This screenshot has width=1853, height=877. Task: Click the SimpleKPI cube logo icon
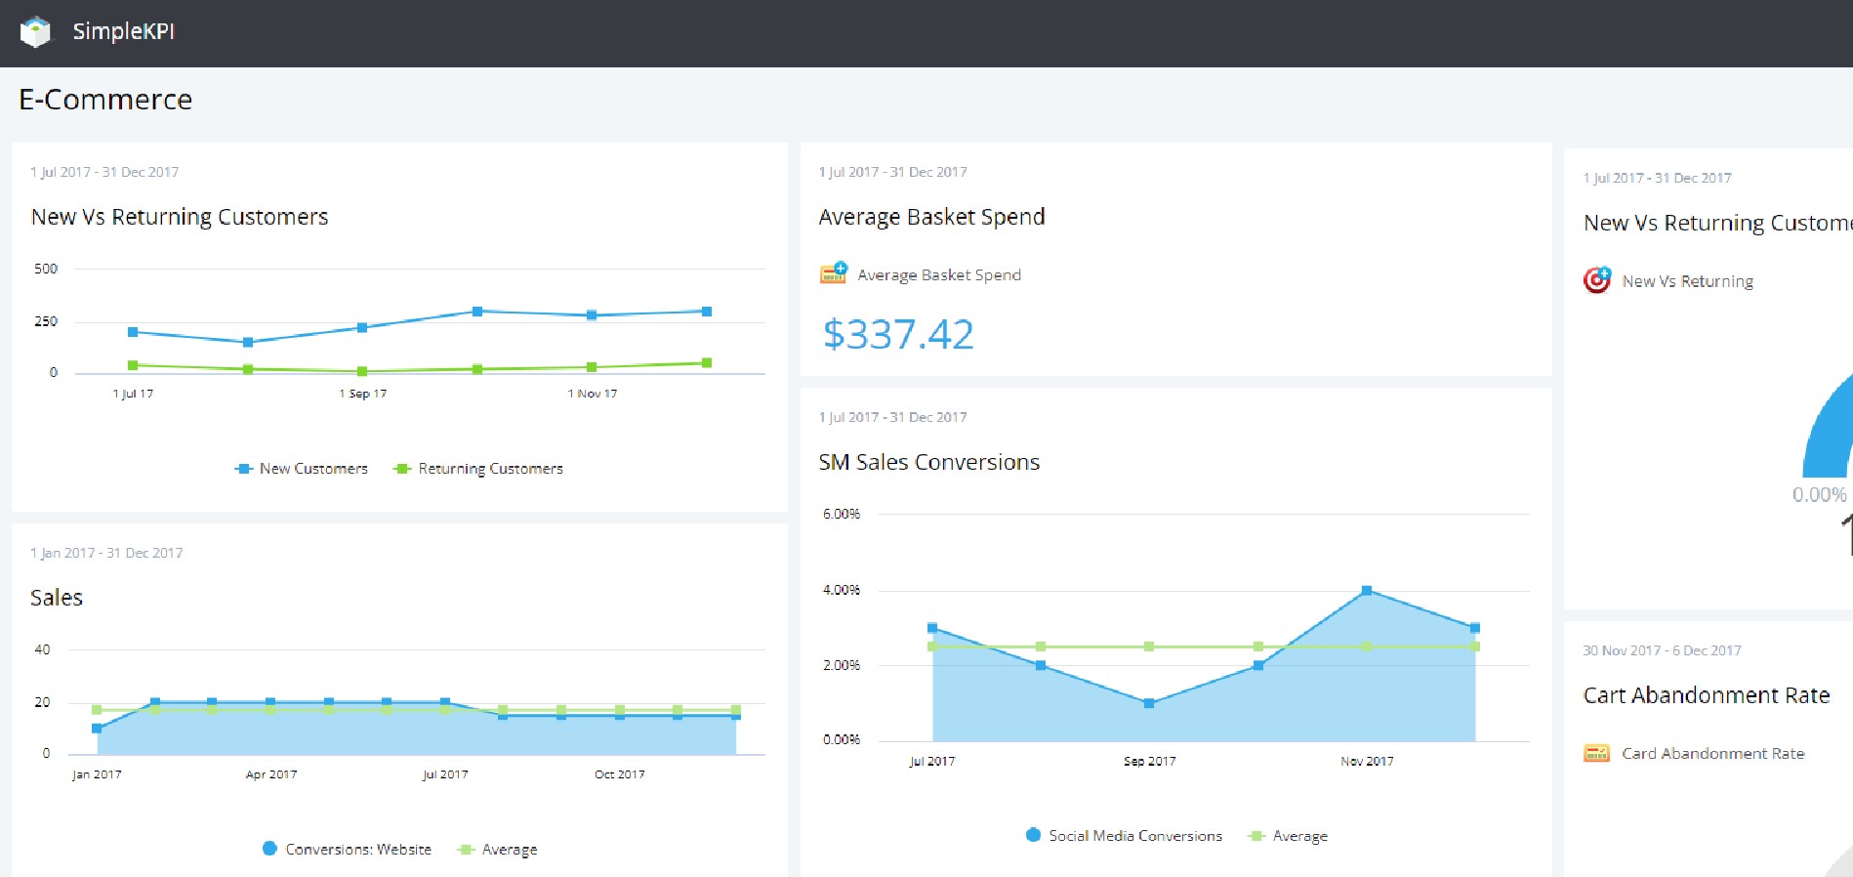click(35, 31)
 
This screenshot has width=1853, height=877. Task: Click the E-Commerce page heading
click(105, 100)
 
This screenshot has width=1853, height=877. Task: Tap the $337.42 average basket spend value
click(898, 335)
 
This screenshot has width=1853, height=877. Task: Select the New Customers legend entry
click(303, 469)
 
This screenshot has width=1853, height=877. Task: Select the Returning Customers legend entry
click(479, 469)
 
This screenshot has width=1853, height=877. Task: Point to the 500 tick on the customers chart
click(46, 269)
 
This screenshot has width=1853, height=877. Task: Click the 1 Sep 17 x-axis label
click(363, 394)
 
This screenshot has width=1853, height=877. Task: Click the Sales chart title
click(57, 598)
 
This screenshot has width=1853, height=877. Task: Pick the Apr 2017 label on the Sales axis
click(271, 774)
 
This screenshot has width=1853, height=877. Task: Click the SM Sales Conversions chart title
click(929, 462)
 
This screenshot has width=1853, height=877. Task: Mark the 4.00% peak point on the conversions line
click(1367, 590)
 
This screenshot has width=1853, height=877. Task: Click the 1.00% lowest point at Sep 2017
click(1149, 703)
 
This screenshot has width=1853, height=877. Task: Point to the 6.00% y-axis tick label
click(842, 514)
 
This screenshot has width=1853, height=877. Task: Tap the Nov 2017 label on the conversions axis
click(1367, 761)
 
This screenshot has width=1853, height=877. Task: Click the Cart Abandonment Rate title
click(1707, 695)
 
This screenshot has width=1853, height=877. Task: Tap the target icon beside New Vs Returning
click(1597, 280)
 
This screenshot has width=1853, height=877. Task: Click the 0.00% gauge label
click(1819, 495)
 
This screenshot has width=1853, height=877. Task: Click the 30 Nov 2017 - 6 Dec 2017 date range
click(1662, 650)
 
